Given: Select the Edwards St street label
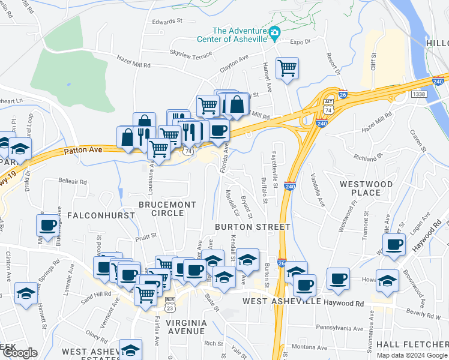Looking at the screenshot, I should point(167,21).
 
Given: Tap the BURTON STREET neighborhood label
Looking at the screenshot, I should point(253,227).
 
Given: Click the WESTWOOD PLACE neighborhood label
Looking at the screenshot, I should point(366,188).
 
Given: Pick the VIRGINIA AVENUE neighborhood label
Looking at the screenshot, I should point(186,326).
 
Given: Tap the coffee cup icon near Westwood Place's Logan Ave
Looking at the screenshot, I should point(394,245).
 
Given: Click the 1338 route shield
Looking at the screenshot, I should point(419,94).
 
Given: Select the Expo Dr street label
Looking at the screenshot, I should point(300,42).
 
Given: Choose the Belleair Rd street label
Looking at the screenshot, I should point(73,181).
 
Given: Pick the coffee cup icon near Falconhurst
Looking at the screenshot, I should point(47,225).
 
